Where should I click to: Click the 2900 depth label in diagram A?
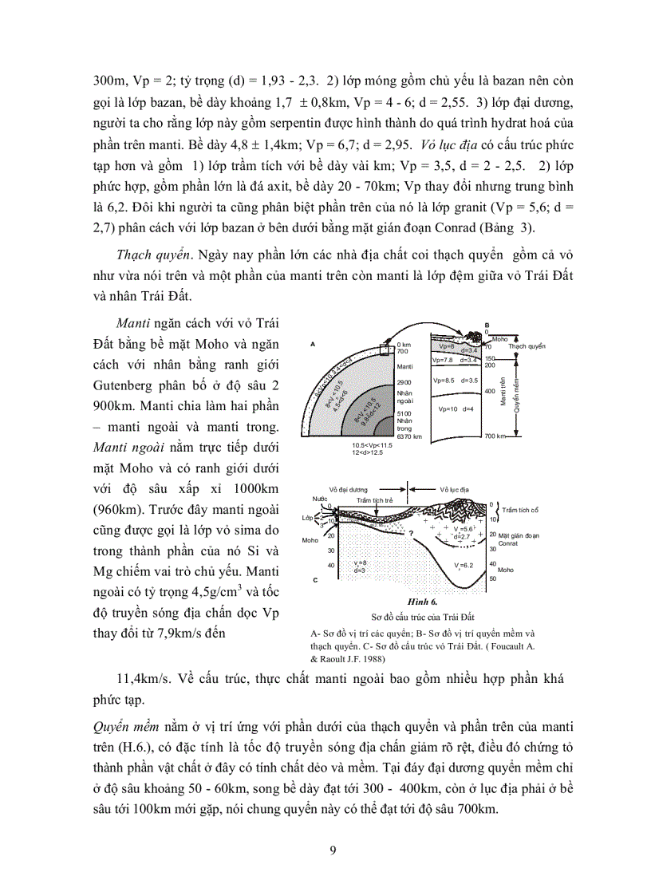(404, 384)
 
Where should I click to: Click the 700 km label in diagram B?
(495, 436)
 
